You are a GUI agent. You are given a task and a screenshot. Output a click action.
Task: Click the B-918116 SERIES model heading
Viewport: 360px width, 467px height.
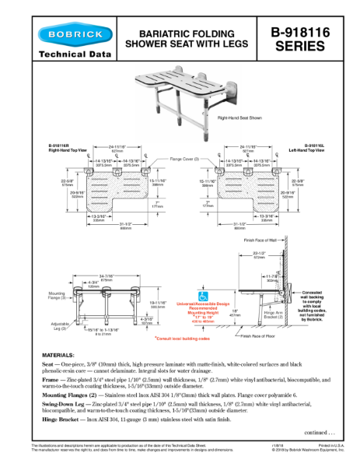(299, 39)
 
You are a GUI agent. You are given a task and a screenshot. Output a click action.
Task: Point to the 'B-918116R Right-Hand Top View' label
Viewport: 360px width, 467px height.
(62, 147)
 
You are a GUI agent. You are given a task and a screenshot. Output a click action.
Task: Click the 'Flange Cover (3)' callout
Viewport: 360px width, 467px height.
(184, 159)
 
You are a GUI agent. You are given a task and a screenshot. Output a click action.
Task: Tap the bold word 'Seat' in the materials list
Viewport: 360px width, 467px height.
(47, 364)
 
